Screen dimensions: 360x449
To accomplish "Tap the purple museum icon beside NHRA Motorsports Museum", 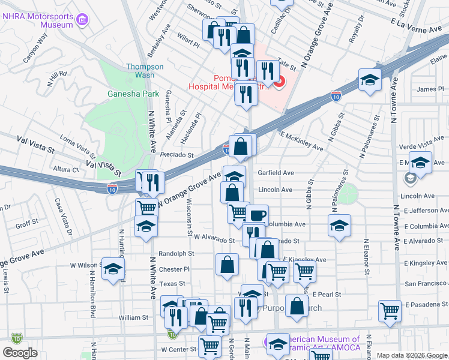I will (82, 20).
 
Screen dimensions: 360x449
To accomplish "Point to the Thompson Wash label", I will (145, 71).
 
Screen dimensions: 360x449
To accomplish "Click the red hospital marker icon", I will (279, 83).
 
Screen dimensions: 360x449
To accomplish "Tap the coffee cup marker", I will (257, 215).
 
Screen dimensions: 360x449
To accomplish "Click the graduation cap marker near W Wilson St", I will (112, 269).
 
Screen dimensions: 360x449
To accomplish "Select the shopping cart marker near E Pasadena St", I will (390, 311).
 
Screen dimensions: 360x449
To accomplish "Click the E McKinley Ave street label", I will (300, 142).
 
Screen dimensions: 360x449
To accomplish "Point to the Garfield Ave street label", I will (276, 173).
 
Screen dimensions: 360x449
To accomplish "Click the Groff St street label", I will (27, 224).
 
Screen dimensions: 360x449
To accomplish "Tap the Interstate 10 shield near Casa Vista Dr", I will (113, 188).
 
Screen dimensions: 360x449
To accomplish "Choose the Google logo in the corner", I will (20, 353).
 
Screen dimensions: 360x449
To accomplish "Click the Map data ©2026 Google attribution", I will (412, 355).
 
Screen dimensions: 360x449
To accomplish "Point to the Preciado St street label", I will (176, 155).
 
